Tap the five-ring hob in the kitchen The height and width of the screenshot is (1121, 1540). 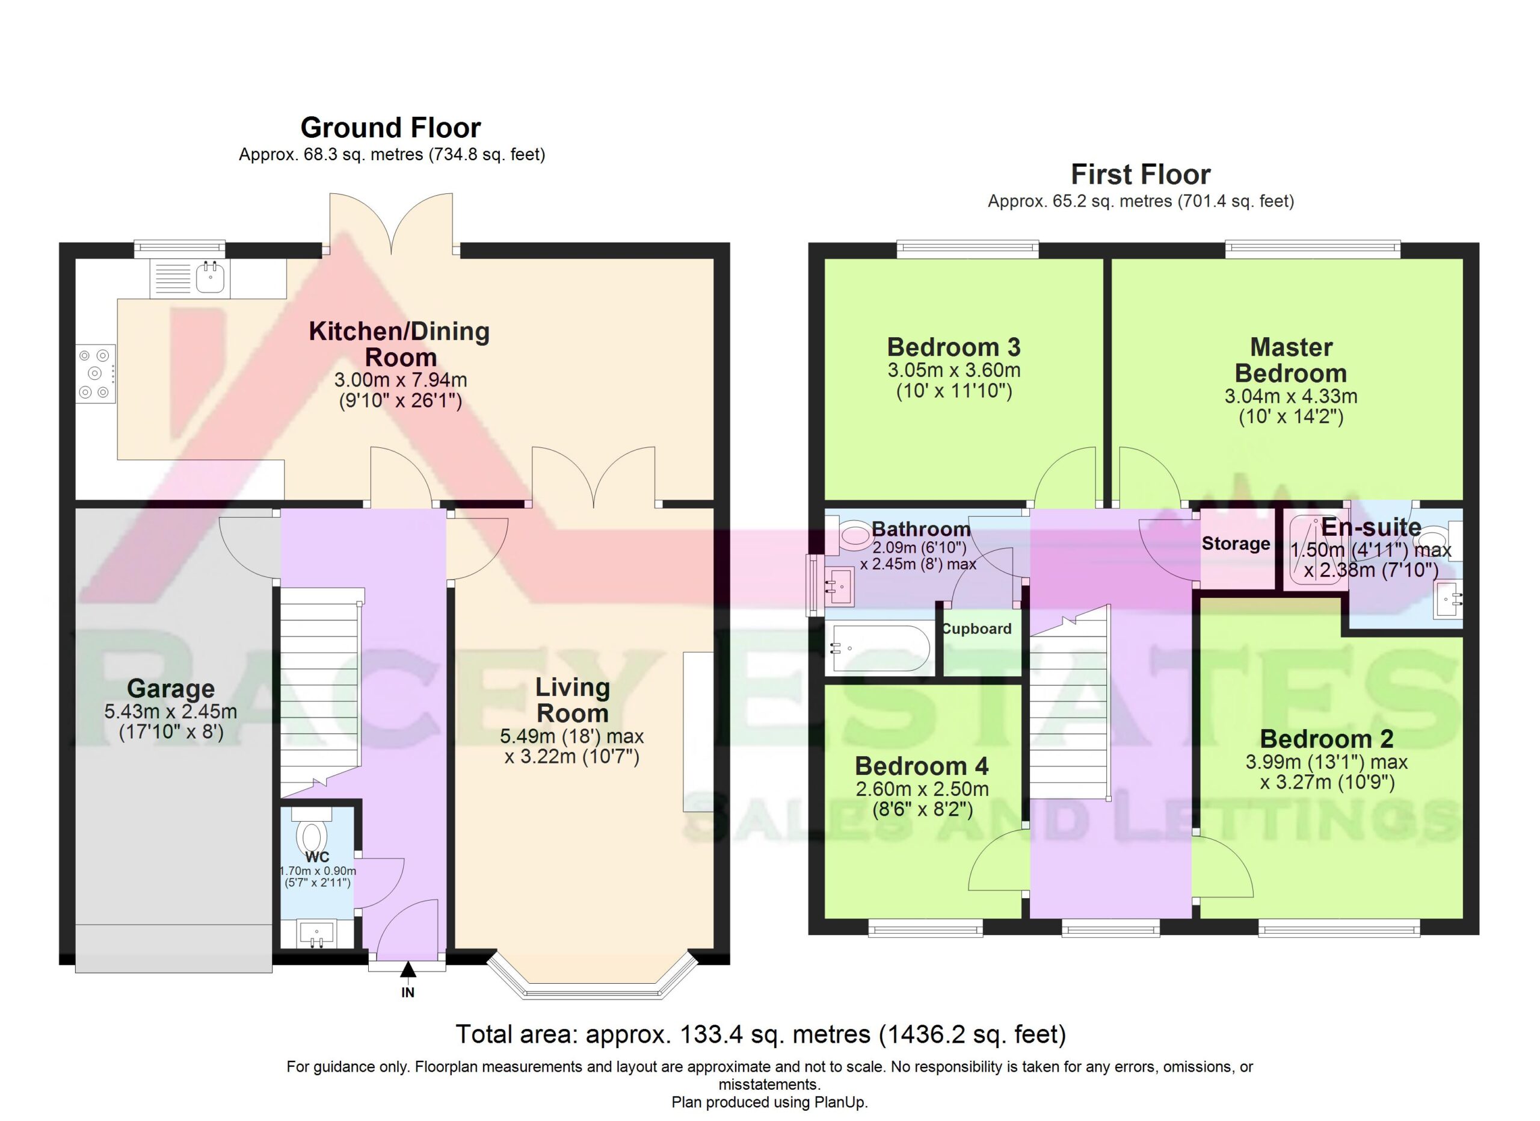95,374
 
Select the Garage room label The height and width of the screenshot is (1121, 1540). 170,688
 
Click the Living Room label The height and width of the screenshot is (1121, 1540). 573,700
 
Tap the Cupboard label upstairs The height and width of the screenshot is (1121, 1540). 976,629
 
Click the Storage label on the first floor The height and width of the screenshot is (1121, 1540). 1236,544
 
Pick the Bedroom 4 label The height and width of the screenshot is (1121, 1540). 922,766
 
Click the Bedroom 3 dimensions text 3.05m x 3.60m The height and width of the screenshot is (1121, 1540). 954,370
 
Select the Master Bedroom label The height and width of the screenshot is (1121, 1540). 1291,360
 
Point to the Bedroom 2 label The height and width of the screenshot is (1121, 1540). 1327,739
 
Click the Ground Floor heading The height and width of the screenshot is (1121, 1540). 390,127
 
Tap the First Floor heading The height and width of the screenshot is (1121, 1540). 1141,174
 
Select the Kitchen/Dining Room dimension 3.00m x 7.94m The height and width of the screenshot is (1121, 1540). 401,380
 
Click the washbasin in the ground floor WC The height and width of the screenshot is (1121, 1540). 316,933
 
